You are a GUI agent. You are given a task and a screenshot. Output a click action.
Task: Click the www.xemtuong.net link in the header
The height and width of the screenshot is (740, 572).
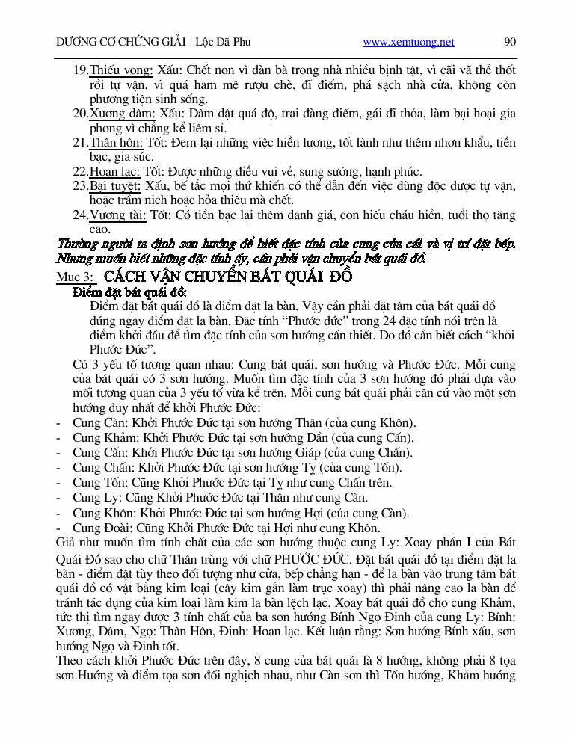point(408,43)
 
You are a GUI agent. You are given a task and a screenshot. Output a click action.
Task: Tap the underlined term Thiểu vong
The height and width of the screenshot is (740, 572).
point(121,70)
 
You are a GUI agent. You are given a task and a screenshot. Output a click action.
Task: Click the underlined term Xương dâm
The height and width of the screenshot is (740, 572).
point(122,114)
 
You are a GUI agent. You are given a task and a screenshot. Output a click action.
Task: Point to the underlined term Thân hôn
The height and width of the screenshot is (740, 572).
point(118,142)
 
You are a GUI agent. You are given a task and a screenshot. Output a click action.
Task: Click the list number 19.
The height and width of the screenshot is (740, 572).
point(80,70)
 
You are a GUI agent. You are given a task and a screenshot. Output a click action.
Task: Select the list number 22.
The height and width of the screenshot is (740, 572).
point(80,171)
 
